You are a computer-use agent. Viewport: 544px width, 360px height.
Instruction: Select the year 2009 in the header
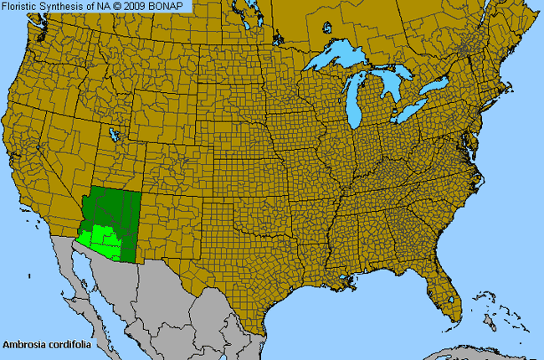pos(141,6)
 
